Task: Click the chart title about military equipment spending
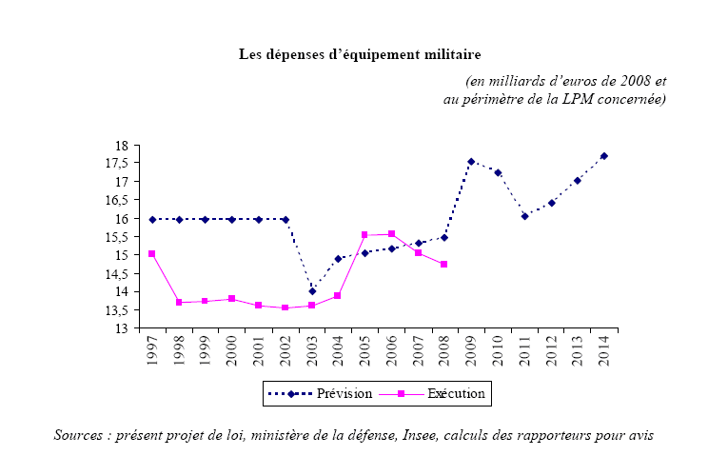[366, 53]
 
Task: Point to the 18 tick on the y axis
[121, 146]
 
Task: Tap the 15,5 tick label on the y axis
[116, 237]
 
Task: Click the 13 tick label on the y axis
[121, 328]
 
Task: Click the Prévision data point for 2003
[312, 291]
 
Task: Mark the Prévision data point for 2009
[471, 162]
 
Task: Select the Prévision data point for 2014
[604, 156]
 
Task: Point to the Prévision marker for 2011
[524, 216]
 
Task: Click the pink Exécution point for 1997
[152, 254]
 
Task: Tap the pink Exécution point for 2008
[444, 265]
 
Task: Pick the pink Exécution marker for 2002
[285, 307]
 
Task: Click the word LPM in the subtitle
[566, 99]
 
